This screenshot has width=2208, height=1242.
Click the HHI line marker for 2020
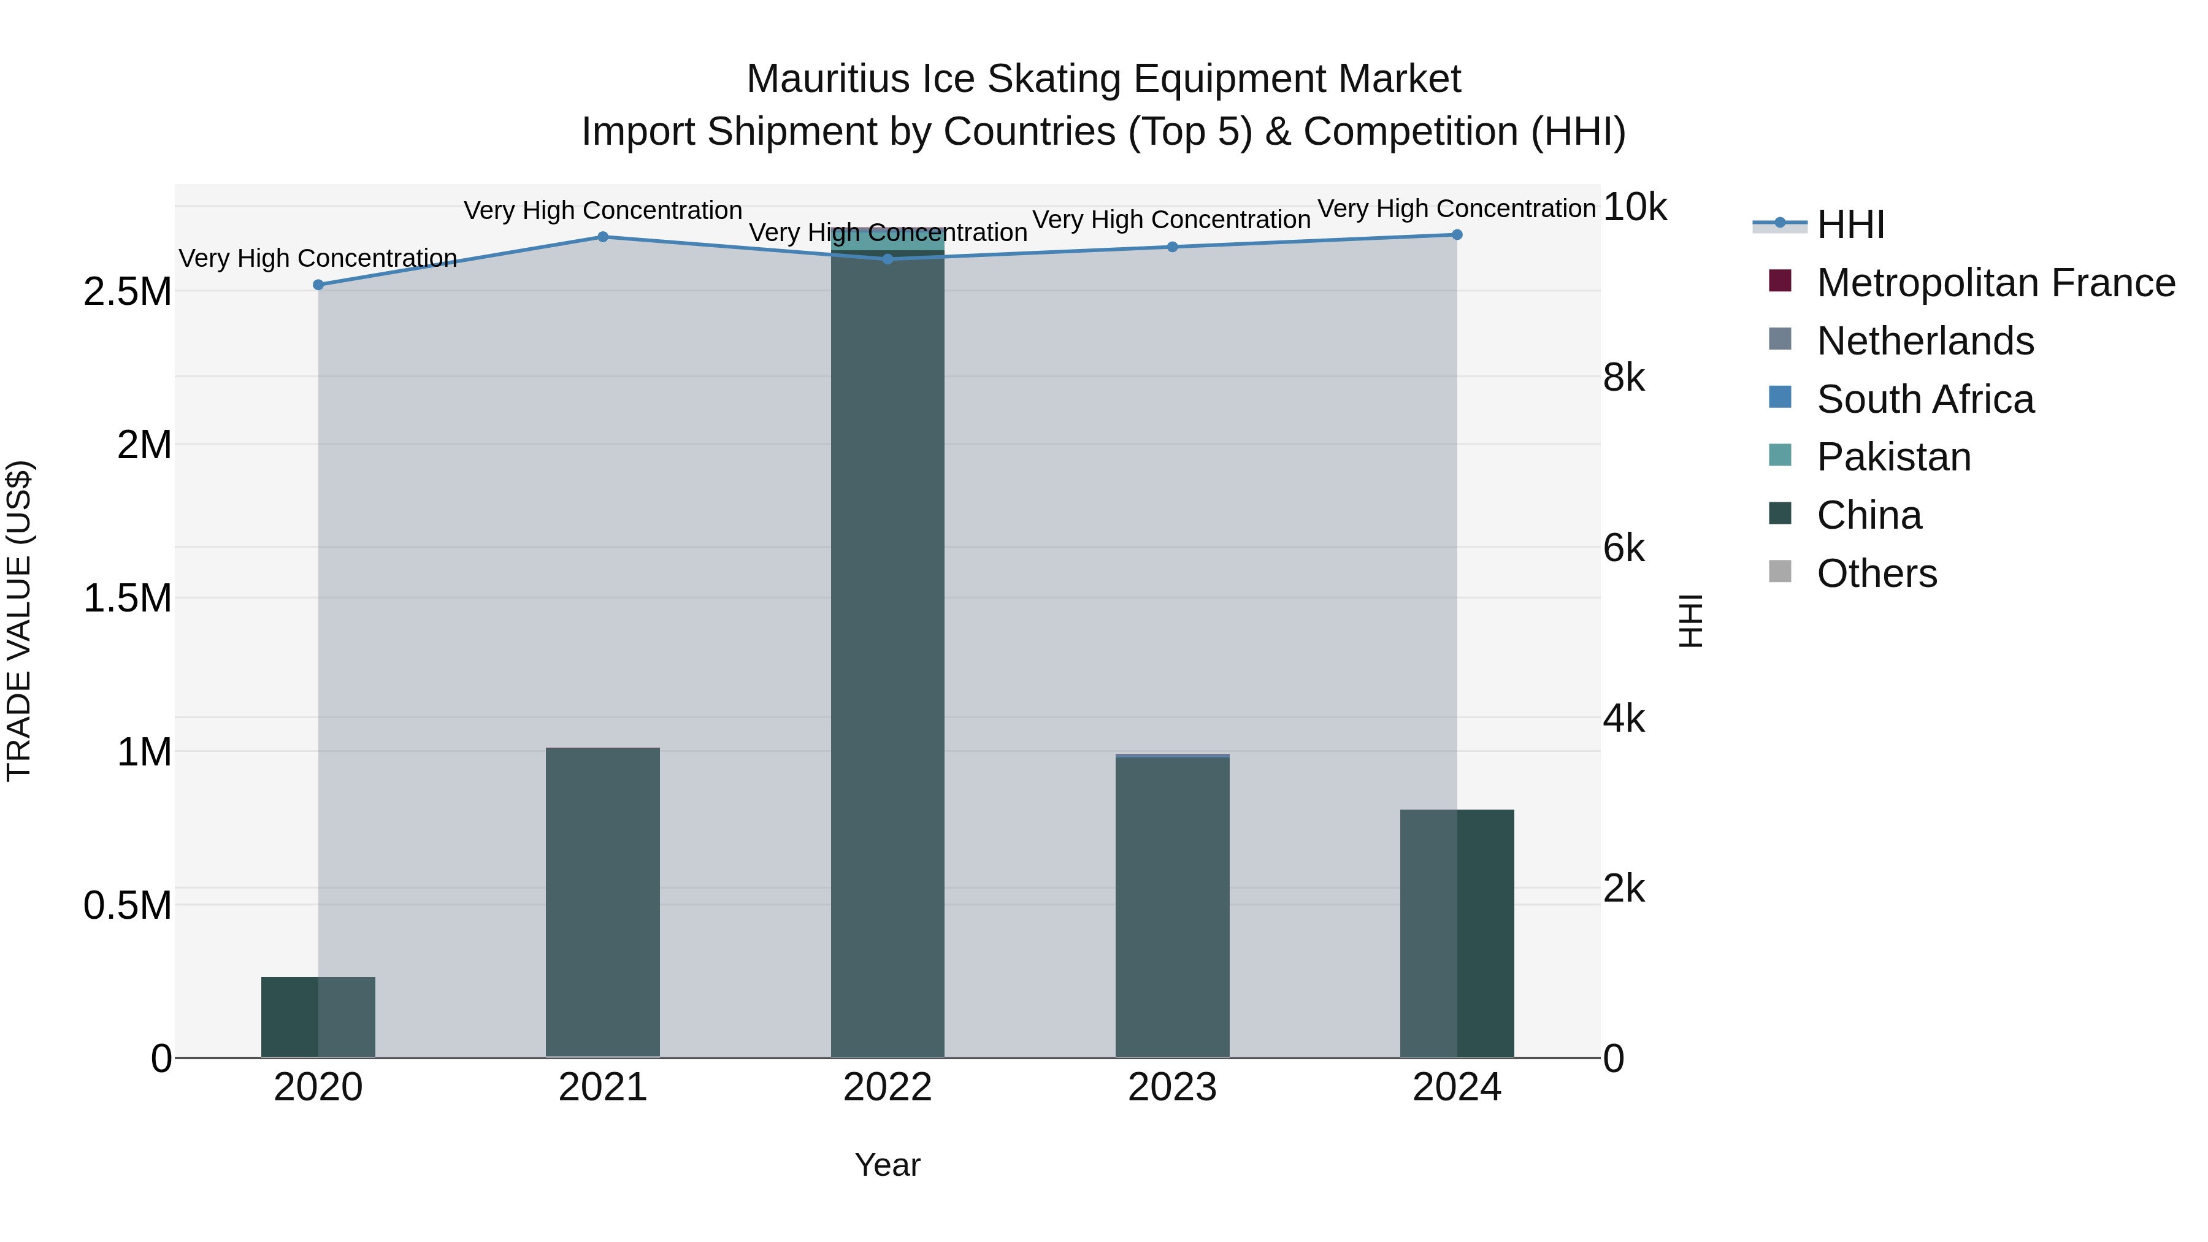(x=318, y=285)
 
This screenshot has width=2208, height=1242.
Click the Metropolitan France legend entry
(x=1995, y=283)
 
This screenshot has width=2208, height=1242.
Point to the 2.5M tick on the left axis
(x=128, y=291)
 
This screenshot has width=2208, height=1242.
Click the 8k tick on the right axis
(x=1623, y=377)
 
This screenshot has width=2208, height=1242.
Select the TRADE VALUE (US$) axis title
(x=19, y=621)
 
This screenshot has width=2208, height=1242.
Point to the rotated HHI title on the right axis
(x=1690, y=621)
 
